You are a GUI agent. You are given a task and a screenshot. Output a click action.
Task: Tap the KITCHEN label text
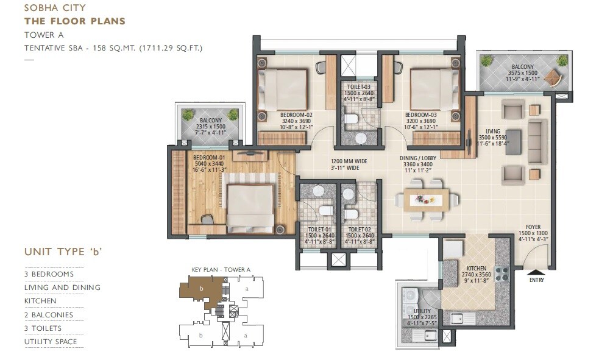[x=476, y=268]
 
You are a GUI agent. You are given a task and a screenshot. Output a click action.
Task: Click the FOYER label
[x=530, y=227]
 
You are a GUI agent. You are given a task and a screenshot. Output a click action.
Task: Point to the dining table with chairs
[x=426, y=200]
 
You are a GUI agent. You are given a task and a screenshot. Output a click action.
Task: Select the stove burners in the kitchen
[x=502, y=274]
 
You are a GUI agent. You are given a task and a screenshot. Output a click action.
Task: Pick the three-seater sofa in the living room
[x=536, y=141]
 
